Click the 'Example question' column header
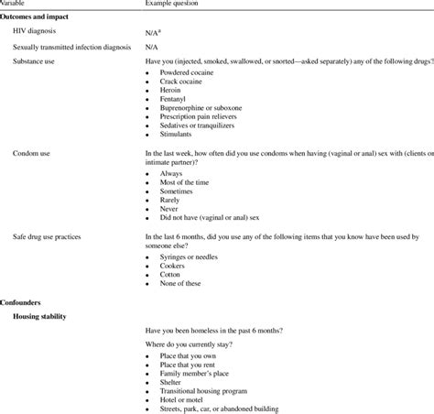[174, 4]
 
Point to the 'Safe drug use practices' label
[51, 236]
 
